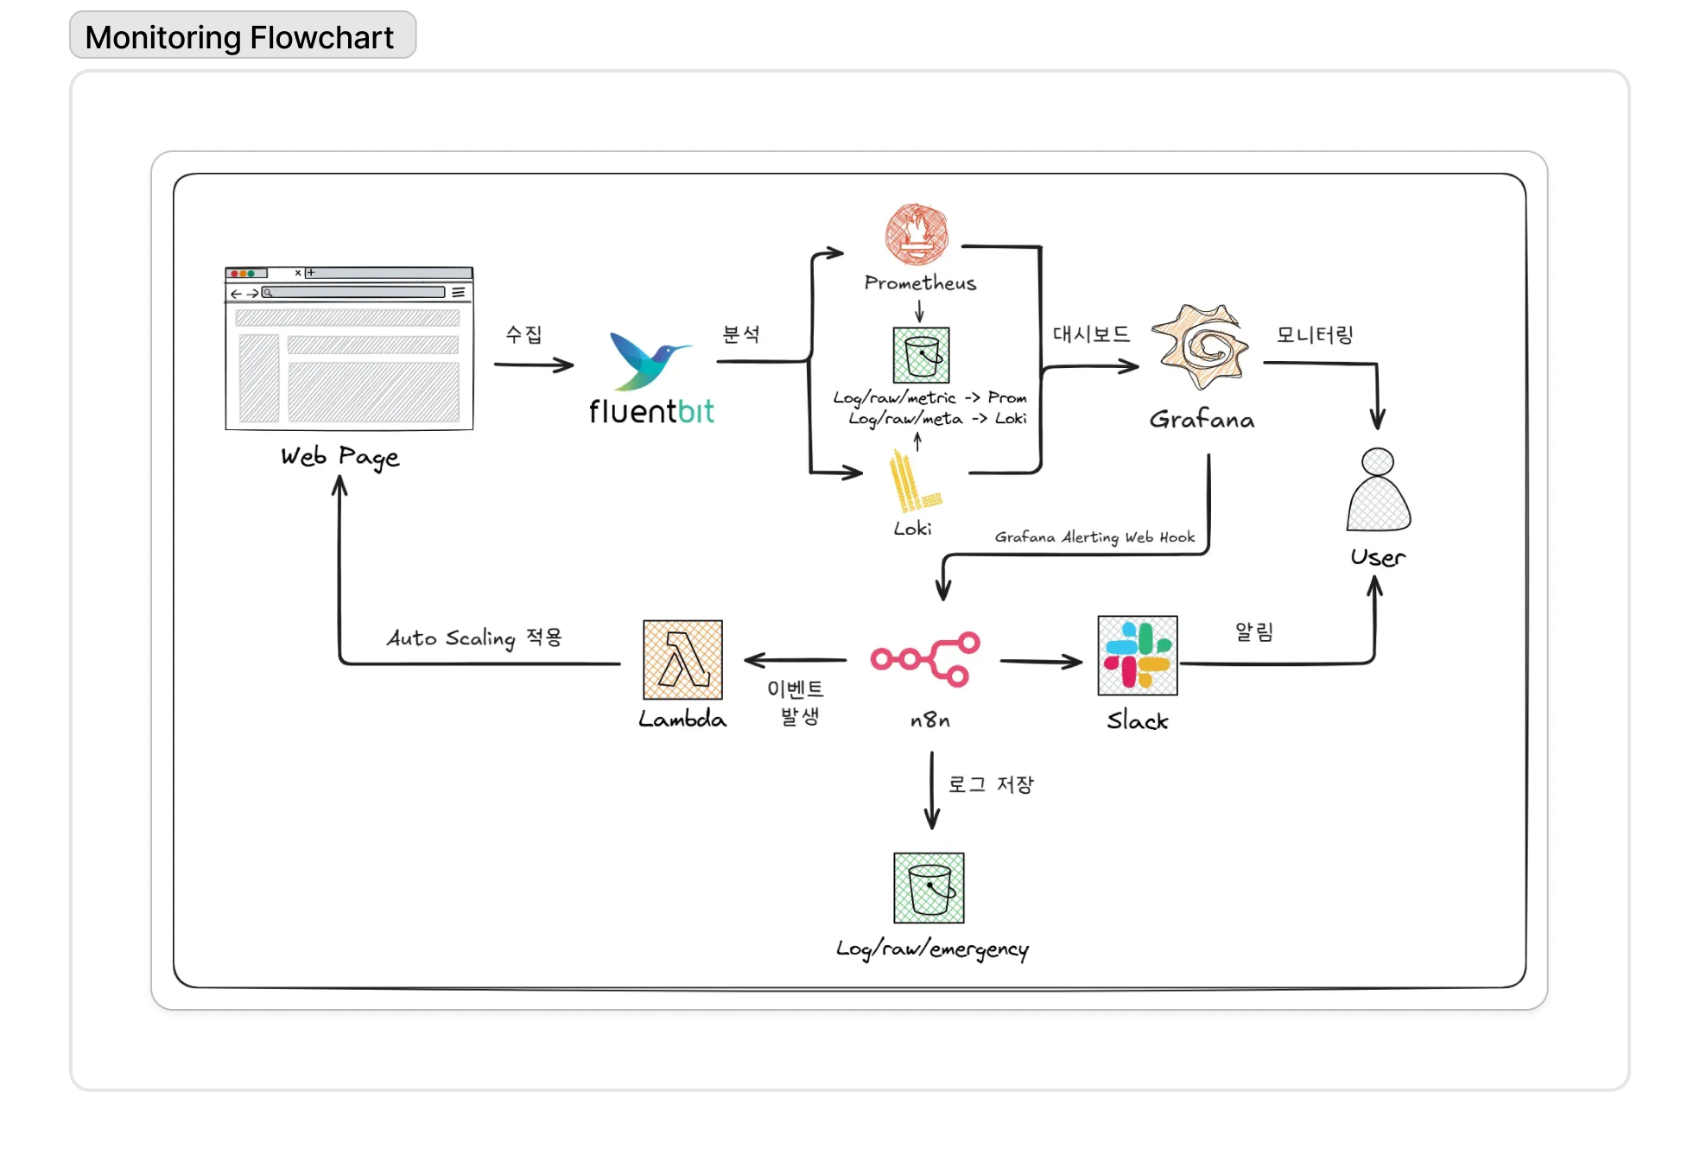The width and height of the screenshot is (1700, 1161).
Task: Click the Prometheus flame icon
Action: [917, 234]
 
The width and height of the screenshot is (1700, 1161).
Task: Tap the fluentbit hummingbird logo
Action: [649, 360]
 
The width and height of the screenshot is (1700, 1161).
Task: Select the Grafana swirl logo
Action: [1201, 346]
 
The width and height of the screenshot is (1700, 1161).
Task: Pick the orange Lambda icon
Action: [682, 659]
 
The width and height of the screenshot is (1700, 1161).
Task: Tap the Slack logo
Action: [1137, 656]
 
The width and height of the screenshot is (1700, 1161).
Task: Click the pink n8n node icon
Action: [925, 659]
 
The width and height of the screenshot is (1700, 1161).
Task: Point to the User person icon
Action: [1378, 490]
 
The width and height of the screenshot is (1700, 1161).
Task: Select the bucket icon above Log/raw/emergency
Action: [929, 888]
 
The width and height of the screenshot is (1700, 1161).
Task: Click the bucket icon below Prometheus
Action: [921, 355]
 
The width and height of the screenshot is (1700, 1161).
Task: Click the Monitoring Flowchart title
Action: [240, 37]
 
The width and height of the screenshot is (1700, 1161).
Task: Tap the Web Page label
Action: [340, 457]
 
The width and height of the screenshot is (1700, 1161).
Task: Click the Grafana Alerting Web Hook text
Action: [1094, 537]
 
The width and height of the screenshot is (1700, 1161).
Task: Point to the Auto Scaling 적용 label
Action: [474, 638]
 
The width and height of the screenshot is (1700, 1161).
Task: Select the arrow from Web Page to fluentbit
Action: [534, 365]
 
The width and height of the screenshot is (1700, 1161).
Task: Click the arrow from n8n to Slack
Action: [1041, 662]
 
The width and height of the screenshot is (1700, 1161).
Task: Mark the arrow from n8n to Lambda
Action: [795, 660]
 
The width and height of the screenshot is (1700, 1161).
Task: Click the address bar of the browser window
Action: [354, 293]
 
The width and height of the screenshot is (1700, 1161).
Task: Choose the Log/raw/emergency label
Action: [932, 949]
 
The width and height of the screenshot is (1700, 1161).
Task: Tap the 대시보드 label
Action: [1091, 334]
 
